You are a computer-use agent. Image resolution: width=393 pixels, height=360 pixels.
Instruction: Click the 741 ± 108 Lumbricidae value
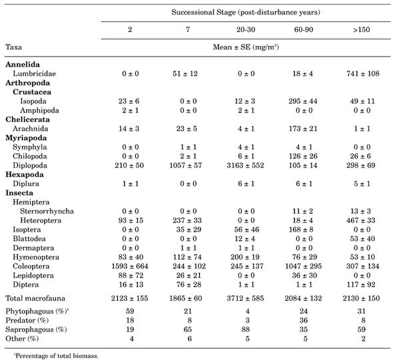(362, 74)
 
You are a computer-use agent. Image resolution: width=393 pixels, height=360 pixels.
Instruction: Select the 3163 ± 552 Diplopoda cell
(245, 166)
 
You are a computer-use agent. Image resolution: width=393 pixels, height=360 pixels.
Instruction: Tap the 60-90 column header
(304, 29)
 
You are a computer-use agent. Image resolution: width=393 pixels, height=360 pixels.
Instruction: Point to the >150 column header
(362, 29)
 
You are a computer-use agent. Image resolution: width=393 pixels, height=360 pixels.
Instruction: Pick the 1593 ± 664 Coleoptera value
(130, 266)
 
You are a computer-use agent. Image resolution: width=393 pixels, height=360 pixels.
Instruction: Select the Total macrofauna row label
(35, 298)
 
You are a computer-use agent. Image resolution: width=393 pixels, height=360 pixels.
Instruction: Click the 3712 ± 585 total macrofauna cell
(245, 298)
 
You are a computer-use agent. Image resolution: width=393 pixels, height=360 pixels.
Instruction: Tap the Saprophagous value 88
(246, 329)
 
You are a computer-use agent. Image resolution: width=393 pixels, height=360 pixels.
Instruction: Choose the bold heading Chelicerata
(27, 119)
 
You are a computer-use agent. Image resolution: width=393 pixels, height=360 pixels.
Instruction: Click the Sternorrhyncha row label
(47, 212)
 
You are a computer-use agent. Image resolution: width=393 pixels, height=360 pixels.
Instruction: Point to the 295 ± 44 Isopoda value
(303, 101)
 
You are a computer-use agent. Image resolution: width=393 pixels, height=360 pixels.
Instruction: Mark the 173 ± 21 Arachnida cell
(303, 128)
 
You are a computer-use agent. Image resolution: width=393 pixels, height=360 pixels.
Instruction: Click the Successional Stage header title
(246, 12)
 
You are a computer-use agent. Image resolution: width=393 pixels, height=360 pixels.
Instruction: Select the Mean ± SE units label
(246, 47)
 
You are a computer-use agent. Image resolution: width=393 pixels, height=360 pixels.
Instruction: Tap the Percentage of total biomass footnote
(56, 356)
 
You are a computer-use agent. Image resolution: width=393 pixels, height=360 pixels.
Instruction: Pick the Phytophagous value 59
(130, 311)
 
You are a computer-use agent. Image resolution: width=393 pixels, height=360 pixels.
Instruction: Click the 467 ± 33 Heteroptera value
(360, 220)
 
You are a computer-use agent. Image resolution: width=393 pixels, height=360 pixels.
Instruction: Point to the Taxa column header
(13, 47)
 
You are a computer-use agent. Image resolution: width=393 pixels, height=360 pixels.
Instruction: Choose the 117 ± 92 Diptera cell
(360, 285)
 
